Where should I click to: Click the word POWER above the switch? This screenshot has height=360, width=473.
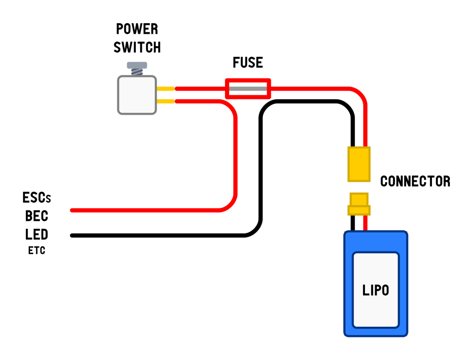[x=137, y=29]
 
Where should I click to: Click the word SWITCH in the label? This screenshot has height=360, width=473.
[x=137, y=47]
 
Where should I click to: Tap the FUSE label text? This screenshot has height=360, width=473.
[x=248, y=62]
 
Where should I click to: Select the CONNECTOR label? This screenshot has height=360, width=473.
[x=415, y=181]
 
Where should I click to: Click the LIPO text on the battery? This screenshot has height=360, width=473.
[x=376, y=290]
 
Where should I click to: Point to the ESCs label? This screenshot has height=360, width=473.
[x=36, y=198]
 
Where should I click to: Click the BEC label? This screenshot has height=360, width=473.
[x=36, y=216]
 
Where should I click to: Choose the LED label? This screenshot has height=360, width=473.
[x=36, y=234]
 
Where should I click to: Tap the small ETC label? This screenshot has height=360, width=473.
[x=36, y=251]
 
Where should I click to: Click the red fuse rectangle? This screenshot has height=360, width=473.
[x=248, y=88]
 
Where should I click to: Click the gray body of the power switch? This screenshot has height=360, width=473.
[x=137, y=95]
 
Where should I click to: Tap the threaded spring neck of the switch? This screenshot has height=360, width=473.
[x=137, y=72]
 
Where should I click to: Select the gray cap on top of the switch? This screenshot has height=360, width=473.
[x=137, y=65]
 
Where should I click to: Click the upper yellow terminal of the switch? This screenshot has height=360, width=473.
[x=165, y=88]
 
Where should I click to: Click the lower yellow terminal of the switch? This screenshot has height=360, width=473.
[x=165, y=101]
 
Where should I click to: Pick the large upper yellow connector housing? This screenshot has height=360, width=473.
[x=359, y=164]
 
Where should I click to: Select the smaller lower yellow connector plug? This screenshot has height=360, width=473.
[x=359, y=204]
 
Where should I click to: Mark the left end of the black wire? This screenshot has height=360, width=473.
[x=73, y=236]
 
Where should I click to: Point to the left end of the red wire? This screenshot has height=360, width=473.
[x=73, y=210]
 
